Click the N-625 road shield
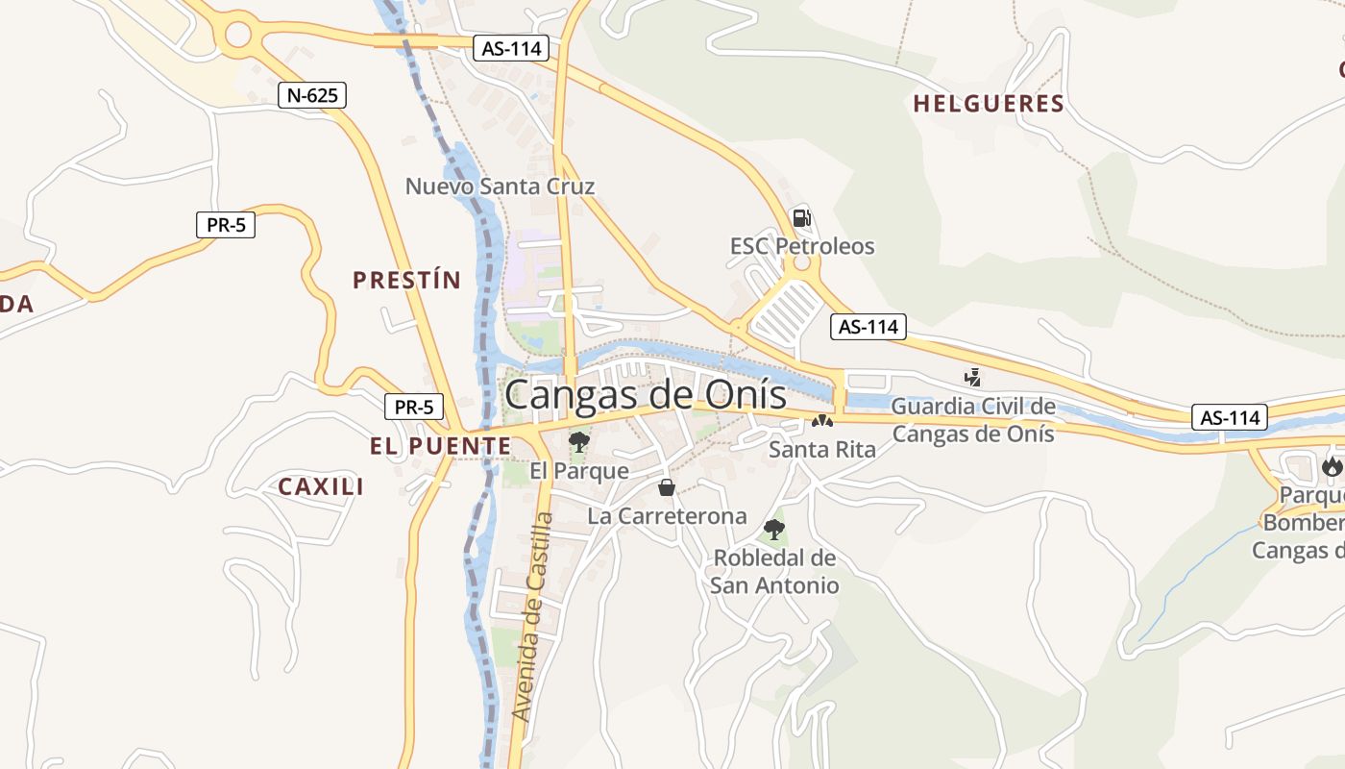(312, 95)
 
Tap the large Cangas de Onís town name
(645, 395)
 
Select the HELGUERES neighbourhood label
(989, 104)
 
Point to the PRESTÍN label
(406, 281)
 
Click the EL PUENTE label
(440, 446)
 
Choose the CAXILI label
(321, 487)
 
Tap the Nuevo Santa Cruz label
(500, 186)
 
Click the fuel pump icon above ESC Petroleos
(801, 218)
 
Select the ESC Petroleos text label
(802, 246)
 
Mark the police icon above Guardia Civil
(973, 378)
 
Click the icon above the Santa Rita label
(821, 421)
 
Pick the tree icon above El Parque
(579, 442)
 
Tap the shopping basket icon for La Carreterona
(667, 487)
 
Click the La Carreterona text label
(667, 516)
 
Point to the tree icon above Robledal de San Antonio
(773, 529)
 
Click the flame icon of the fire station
(1332, 467)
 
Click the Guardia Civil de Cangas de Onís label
(973, 420)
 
